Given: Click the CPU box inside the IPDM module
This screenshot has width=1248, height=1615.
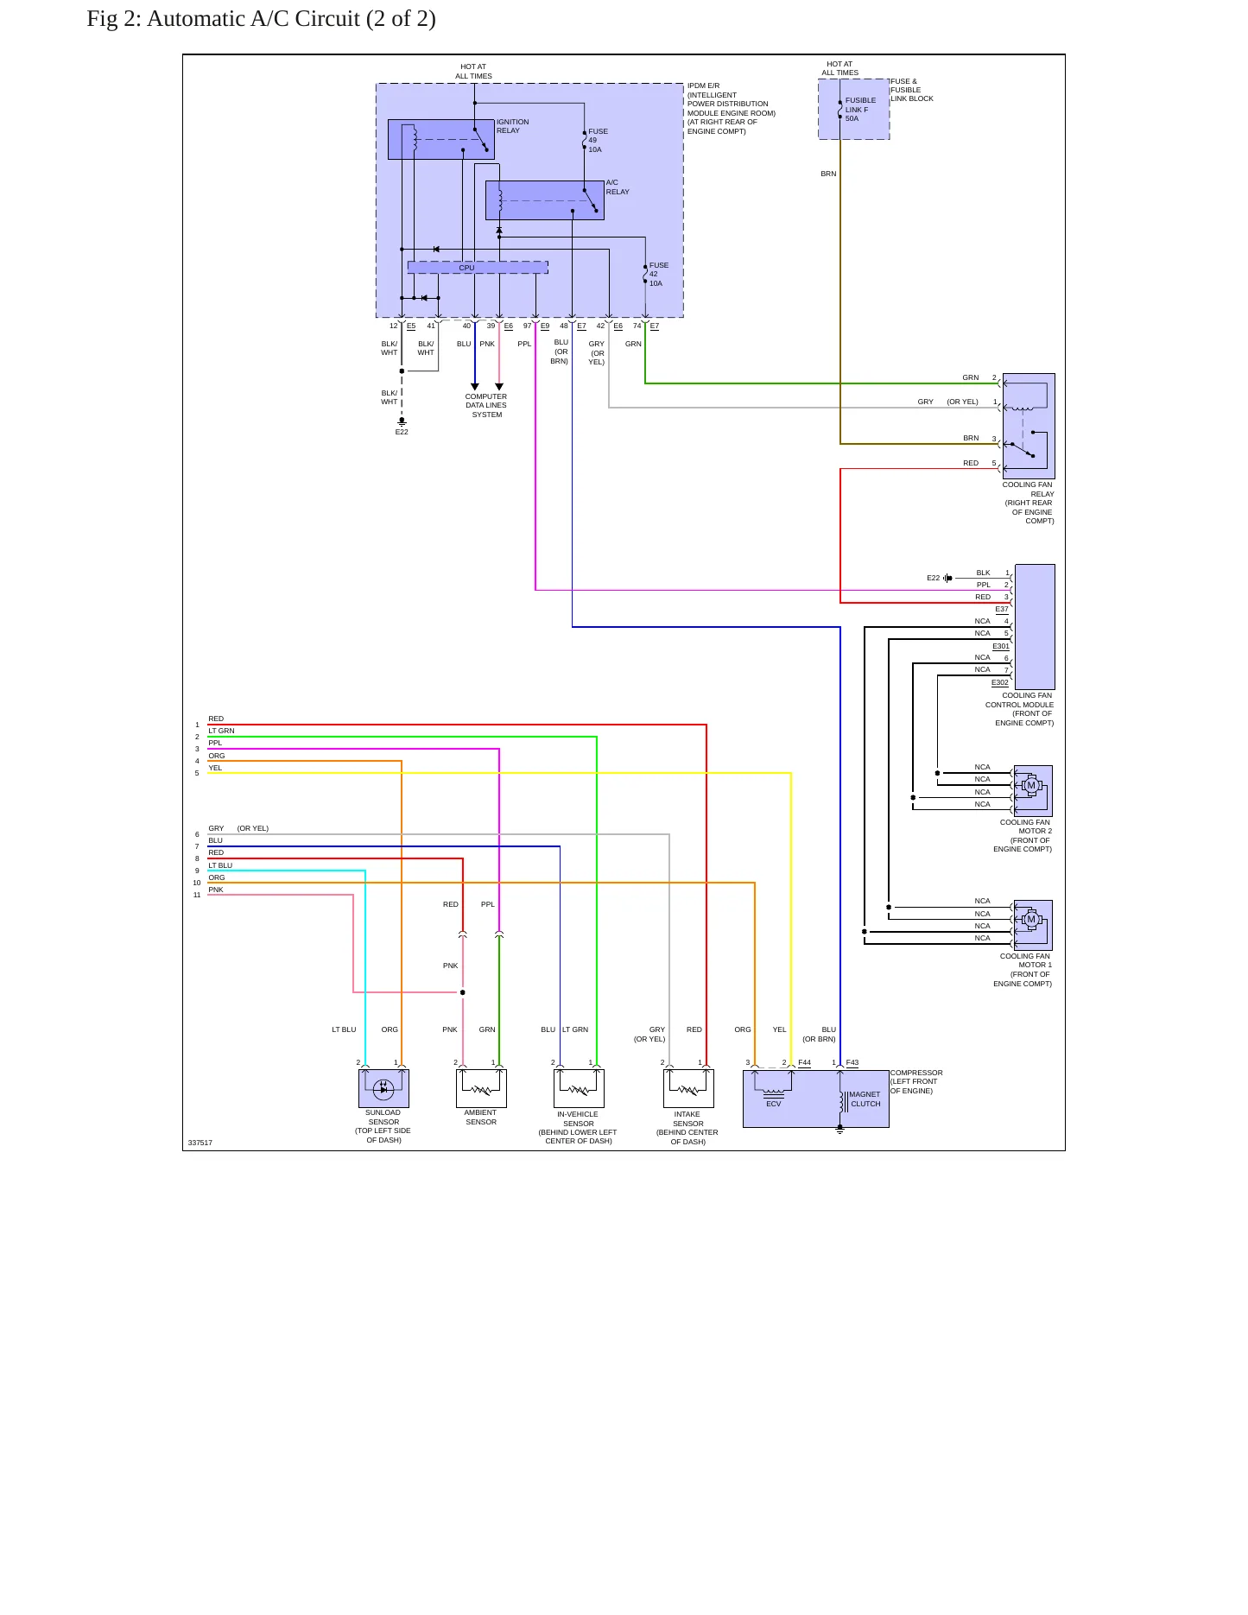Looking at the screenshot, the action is (478, 268).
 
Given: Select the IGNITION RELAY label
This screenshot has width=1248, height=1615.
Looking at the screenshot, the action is (513, 126).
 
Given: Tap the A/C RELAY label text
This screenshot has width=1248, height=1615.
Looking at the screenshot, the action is (618, 187).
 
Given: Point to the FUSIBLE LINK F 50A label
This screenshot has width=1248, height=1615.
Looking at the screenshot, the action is (860, 109).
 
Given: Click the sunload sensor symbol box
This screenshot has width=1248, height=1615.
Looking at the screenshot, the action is (383, 1089).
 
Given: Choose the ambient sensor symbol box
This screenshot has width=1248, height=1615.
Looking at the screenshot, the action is (481, 1089).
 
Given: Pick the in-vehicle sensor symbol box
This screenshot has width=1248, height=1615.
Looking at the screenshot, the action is (579, 1089).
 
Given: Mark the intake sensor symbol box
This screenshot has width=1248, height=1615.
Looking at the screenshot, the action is (688, 1089).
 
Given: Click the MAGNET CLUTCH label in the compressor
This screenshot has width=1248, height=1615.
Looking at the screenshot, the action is (865, 1099).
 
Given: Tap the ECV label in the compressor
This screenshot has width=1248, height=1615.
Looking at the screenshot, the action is (774, 1104).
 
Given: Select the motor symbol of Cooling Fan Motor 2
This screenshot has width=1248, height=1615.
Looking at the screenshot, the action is (1030, 786).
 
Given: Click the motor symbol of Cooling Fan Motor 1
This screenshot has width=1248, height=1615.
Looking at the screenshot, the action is (1030, 920).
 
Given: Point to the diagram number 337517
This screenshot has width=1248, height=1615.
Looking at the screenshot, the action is (200, 1143).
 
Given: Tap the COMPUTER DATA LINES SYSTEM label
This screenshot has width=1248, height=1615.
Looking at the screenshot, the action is (486, 406).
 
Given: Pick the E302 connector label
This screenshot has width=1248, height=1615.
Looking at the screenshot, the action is (1000, 682).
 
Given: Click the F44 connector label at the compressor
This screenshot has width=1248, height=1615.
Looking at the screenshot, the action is (805, 1062).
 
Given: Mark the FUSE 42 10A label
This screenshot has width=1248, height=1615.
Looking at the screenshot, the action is (659, 275).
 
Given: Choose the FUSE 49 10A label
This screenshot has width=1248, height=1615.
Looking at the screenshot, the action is (598, 141).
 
